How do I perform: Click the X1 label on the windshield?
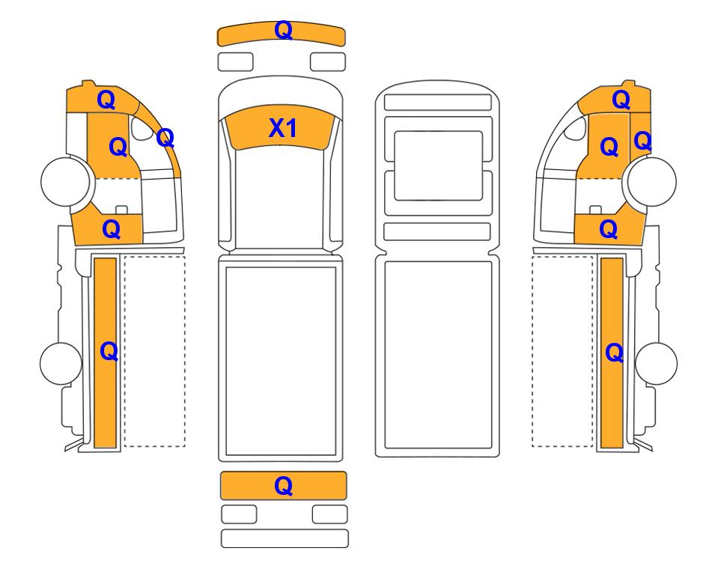click(282, 128)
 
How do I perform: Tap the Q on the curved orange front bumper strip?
click(283, 31)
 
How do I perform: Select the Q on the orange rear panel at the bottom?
click(283, 486)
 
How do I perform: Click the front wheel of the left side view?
click(65, 180)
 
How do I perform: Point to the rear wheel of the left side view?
click(61, 363)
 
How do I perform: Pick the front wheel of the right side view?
click(652, 181)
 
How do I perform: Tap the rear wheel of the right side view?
click(656, 363)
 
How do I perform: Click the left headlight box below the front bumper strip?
click(235, 61)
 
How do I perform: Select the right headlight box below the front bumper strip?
click(328, 61)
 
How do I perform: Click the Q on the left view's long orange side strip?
click(109, 352)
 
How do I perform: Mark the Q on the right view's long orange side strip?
click(615, 353)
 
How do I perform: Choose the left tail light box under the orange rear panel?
click(239, 514)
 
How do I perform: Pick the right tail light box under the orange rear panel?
click(329, 514)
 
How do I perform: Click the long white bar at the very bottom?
click(285, 538)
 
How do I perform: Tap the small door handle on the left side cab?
click(121, 210)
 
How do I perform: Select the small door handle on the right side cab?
click(595, 210)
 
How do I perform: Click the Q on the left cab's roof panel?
click(106, 100)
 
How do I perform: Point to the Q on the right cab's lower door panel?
click(609, 229)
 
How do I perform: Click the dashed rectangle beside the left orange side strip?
click(154, 351)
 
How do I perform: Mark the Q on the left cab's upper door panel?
click(118, 147)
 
